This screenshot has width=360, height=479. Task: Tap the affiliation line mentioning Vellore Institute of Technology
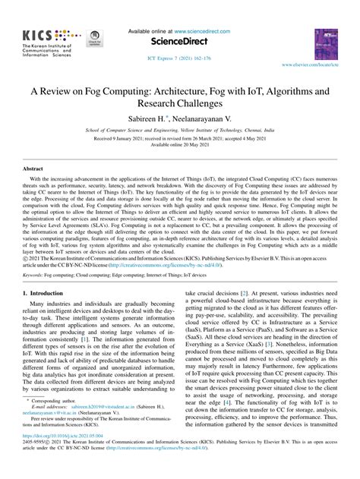point(180,131)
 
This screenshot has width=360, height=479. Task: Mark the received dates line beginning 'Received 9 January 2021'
point(180,138)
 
